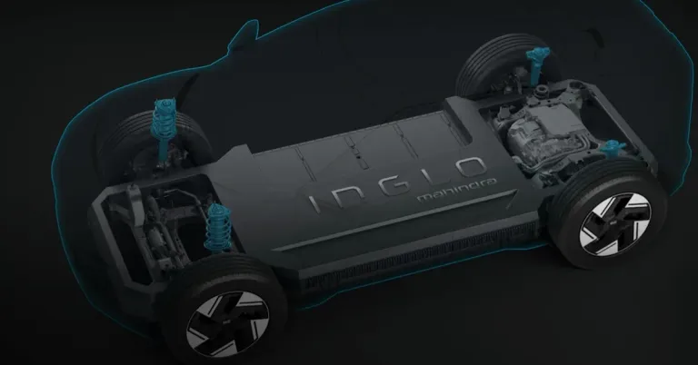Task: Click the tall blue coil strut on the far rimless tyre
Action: pos(164,129)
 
